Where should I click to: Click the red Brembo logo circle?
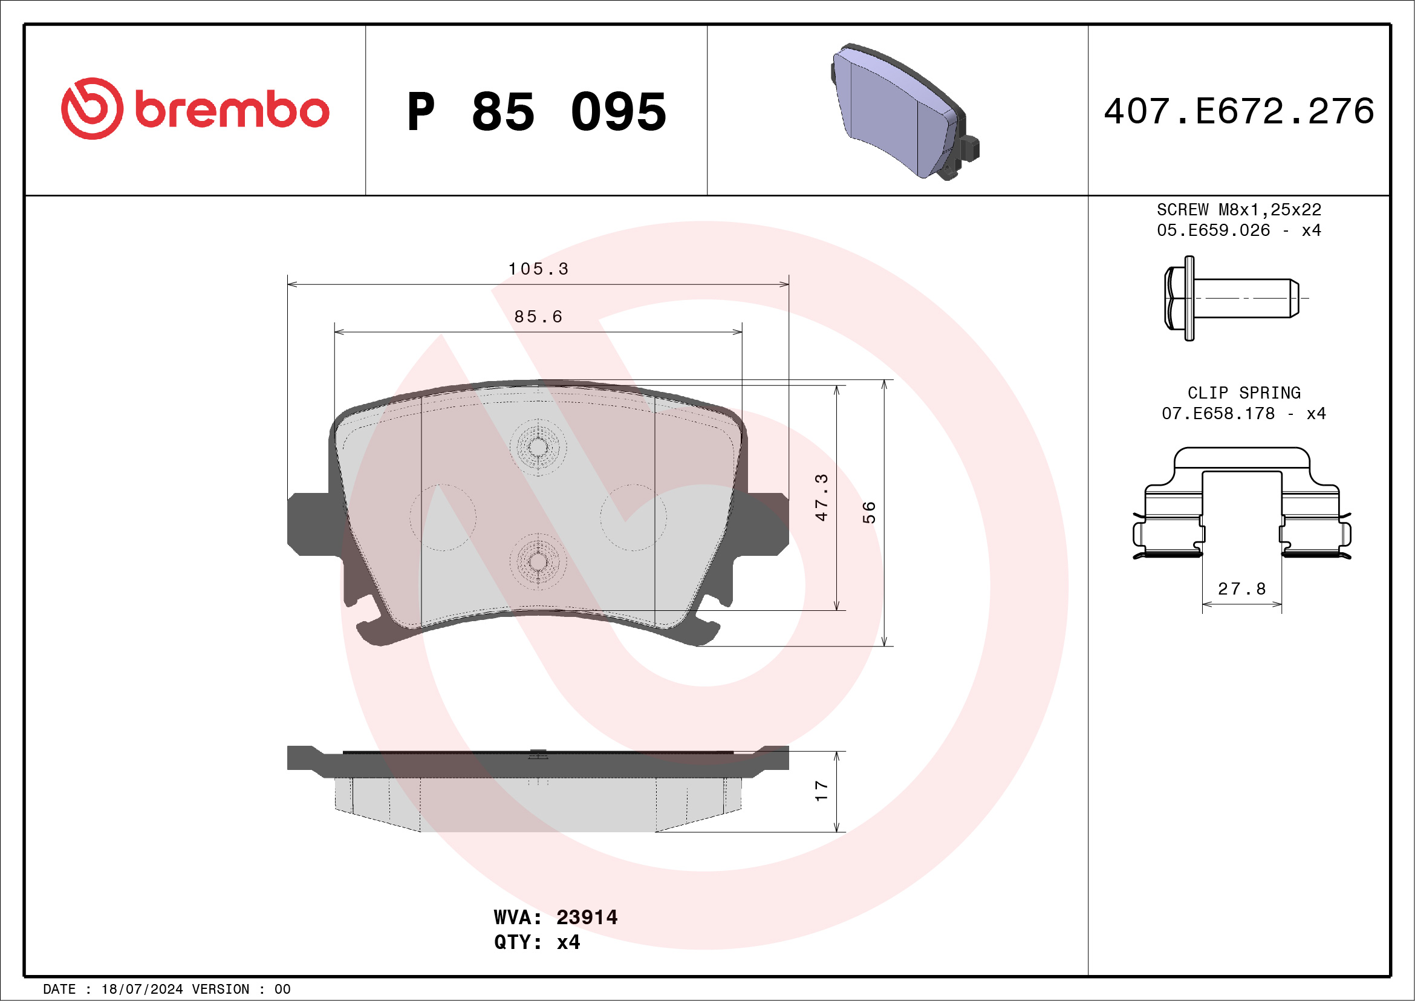[x=92, y=108]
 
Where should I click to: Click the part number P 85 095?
[x=536, y=111]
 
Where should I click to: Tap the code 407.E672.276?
[x=1239, y=111]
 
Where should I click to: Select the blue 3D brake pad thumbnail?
[x=903, y=111]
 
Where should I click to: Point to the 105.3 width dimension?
[x=538, y=269]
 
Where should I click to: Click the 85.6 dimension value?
[x=538, y=316]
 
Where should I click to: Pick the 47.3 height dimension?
[x=821, y=497]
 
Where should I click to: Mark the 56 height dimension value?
[x=868, y=512]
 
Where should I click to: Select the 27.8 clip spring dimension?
[x=1242, y=589]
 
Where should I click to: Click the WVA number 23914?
[x=586, y=917]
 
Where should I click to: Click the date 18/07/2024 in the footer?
[x=141, y=990]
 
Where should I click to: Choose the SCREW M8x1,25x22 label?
[x=1239, y=209]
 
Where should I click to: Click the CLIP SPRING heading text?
[x=1244, y=393]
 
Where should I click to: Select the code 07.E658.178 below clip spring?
[x=1218, y=414]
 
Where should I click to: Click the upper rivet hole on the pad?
[x=538, y=447]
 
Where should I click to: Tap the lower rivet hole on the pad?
[x=538, y=561]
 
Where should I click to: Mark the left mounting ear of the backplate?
[x=311, y=524]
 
